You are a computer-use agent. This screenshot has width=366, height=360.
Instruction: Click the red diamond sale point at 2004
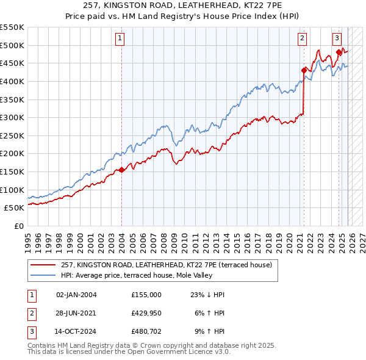click(x=121, y=170)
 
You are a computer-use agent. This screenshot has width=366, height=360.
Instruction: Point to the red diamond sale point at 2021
click(x=304, y=70)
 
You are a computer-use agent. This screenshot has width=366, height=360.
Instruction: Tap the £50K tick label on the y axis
click(x=15, y=208)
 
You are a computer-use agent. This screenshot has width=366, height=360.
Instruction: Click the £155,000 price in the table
click(x=146, y=295)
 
